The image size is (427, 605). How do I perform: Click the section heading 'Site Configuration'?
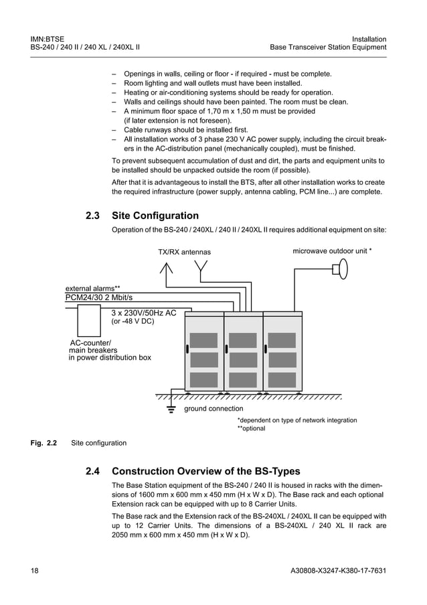[x=155, y=216]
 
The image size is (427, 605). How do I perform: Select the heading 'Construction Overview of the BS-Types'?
[x=206, y=471]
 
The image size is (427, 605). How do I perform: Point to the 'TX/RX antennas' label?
[x=184, y=253]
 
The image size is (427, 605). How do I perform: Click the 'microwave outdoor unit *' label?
[x=332, y=251]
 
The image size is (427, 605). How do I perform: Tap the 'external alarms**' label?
[x=92, y=288]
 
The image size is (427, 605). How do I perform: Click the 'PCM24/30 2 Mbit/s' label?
[x=99, y=297]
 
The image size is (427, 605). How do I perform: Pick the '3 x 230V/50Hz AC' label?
[x=143, y=312]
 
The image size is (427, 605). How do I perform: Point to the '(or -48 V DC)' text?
[x=132, y=322]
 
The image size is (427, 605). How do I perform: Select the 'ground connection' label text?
[x=213, y=409]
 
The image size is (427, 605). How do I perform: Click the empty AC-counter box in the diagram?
[x=88, y=320]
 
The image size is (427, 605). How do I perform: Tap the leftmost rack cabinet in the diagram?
[x=203, y=352]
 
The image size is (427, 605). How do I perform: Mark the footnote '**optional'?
[x=252, y=429]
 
